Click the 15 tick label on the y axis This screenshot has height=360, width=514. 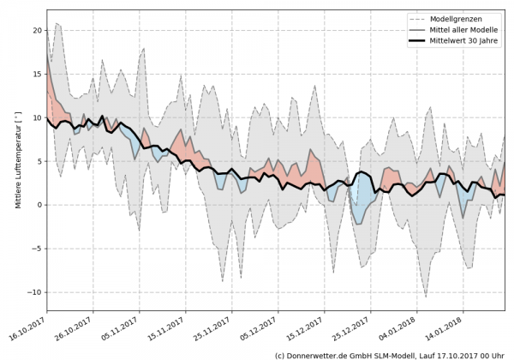click(x=36, y=74)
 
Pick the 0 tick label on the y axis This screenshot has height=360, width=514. click(x=39, y=205)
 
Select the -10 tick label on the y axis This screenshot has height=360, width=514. click(x=34, y=292)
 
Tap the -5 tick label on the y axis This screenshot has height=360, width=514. click(x=37, y=249)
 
